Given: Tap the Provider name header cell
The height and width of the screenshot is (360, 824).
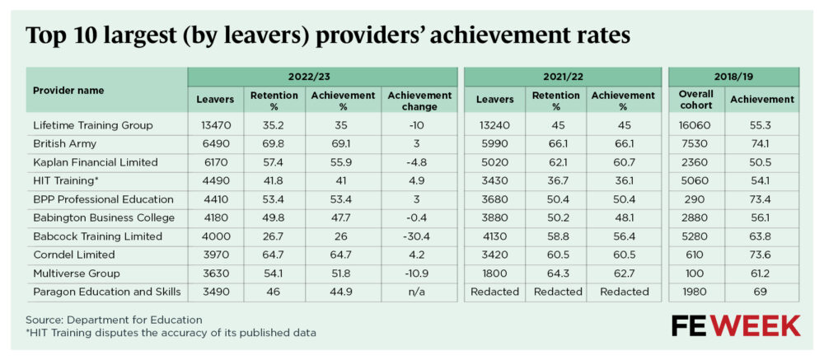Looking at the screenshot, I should click(68, 91).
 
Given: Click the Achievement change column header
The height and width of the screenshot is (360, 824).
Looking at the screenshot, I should click(419, 100).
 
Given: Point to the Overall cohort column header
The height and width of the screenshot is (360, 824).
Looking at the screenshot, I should click(695, 100).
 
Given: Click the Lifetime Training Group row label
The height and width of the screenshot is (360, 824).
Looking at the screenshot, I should click(92, 125).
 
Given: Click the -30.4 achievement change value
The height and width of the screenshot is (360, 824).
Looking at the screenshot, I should click(419, 236).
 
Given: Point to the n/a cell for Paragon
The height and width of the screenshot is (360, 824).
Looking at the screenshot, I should click(419, 292).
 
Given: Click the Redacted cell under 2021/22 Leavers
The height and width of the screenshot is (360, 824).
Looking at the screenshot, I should click(494, 292).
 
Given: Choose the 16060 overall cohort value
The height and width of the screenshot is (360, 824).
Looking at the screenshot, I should click(695, 125).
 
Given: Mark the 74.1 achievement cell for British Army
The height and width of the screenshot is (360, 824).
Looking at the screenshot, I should click(761, 143).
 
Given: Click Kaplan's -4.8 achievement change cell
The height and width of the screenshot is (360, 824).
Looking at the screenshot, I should click(419, 162).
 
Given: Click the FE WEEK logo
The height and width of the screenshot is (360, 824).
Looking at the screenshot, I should click(735, 325).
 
